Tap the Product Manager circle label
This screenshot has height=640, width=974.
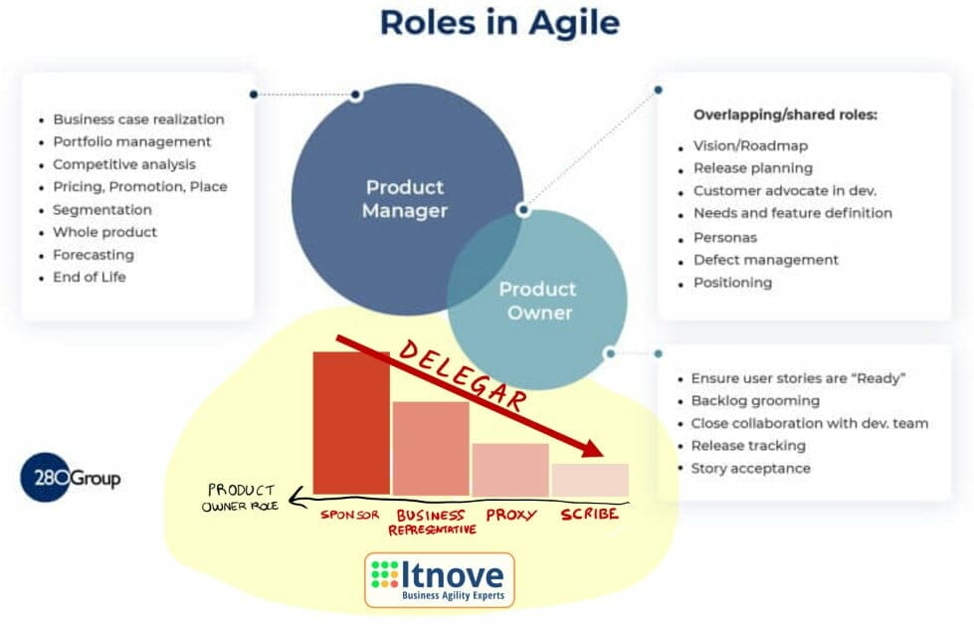(x=404, y=198)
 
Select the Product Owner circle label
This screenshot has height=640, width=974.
(x=537, y=300)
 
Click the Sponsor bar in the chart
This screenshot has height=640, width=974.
(x=351, y=423)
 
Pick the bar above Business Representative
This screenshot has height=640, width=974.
(x=431, y=448)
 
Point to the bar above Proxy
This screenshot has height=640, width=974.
(x=509, y=469)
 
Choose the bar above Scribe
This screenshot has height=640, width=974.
(x=589, y=480)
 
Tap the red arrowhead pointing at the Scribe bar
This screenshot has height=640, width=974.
(x=593, y=448)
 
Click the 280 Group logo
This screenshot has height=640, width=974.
(x=71, y=479)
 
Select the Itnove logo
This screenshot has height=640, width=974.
(x=439, y=579)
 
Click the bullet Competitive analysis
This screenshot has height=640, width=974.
(x=124, y=164)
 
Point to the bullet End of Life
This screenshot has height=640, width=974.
(x=90, y=277)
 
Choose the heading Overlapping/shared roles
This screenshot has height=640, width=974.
(x=785, y=114)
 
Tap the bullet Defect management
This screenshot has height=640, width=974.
(x=765, y=260)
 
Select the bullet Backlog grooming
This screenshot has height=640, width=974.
(x=755, y=400)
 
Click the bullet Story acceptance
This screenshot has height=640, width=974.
(x=750, y=468)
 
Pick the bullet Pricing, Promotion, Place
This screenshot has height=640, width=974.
(x=139, y=186)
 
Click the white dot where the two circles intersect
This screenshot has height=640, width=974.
(x=523, y=210)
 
